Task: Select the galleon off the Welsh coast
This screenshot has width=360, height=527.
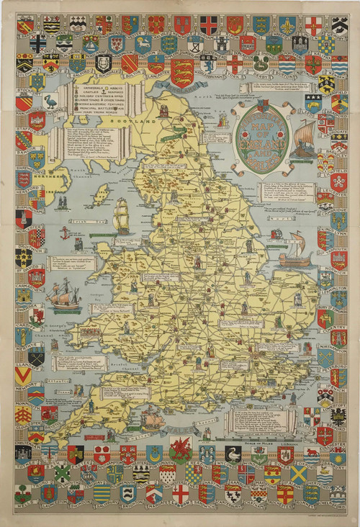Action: (63, 294)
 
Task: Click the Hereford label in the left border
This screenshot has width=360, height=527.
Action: (22, 191)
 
